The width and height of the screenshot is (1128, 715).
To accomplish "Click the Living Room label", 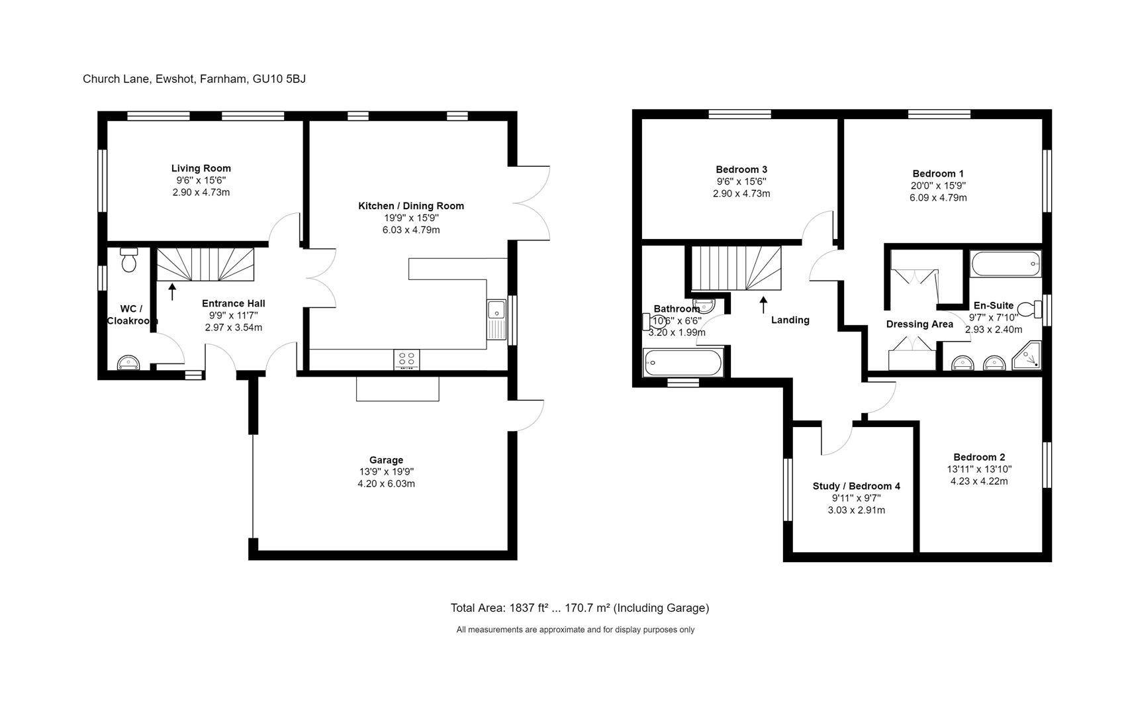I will click(201, 168).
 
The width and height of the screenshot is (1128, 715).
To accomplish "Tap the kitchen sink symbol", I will click(496, 319).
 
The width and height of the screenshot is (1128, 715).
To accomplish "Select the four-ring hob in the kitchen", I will click(406, 359).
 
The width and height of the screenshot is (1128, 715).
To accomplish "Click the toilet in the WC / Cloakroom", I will click(129, 260).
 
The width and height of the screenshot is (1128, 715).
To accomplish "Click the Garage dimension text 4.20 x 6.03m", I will click(386, 484).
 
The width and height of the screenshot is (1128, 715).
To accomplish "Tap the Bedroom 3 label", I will click(741, 169).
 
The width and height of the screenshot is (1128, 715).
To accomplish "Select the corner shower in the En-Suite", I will click(1027, 356).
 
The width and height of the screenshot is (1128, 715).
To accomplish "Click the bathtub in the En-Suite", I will click(1005, 264).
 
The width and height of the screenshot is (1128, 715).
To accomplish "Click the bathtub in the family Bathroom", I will click(683, 363).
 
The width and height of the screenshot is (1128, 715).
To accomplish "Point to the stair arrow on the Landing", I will click(763, 305).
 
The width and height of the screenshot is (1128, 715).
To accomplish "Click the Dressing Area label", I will click(919, 324).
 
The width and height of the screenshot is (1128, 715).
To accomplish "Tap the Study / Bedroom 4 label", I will click(856, 486).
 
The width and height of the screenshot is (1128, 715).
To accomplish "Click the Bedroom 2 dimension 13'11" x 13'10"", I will click(979, 469).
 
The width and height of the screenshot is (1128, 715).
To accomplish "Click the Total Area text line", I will click(579, 608).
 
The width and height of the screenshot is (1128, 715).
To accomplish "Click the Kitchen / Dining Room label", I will click(410, 206).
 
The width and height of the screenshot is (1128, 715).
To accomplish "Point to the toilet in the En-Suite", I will click(1028, 310).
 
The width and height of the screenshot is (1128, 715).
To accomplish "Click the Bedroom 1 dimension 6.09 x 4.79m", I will click(938, 198).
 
